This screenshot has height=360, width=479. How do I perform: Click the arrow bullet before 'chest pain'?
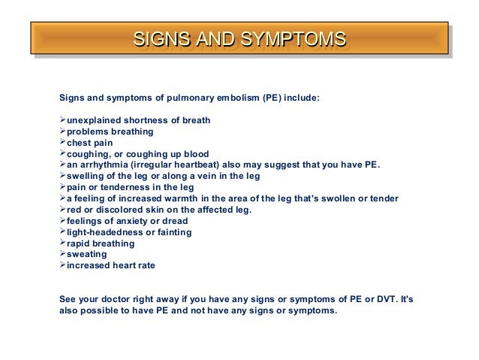click(x=62, y=143)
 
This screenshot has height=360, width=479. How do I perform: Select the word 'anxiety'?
click(x=135, y=222)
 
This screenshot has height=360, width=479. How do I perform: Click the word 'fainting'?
click(x=173, y=233)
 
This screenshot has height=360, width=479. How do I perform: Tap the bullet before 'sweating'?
click(x=62, y=255)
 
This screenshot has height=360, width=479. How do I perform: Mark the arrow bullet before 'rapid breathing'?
click(x=62, y=244)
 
